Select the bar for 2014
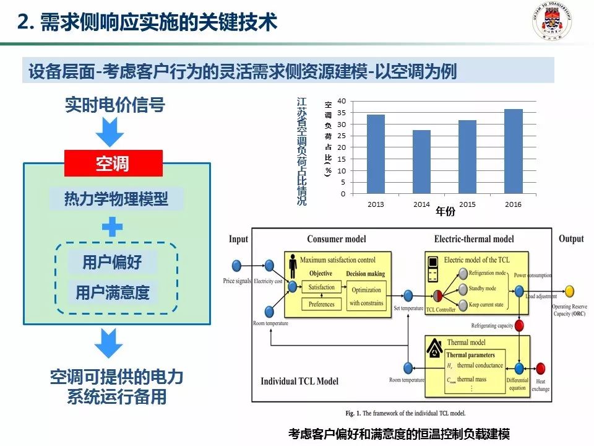tap(421, 162)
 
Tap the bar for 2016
tap(513, 151)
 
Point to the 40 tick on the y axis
tap(342, 100)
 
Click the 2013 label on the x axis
tap(376, 204)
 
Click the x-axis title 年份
tap(445, 212)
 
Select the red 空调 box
tap(113, 164)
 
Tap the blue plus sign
tap(113, 227)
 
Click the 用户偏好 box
tap(113, 262)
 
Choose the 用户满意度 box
tap(113, 292)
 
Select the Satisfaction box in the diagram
tap(322, 287)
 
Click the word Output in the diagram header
tap(571, 238)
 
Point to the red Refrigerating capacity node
tap(520, 326)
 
